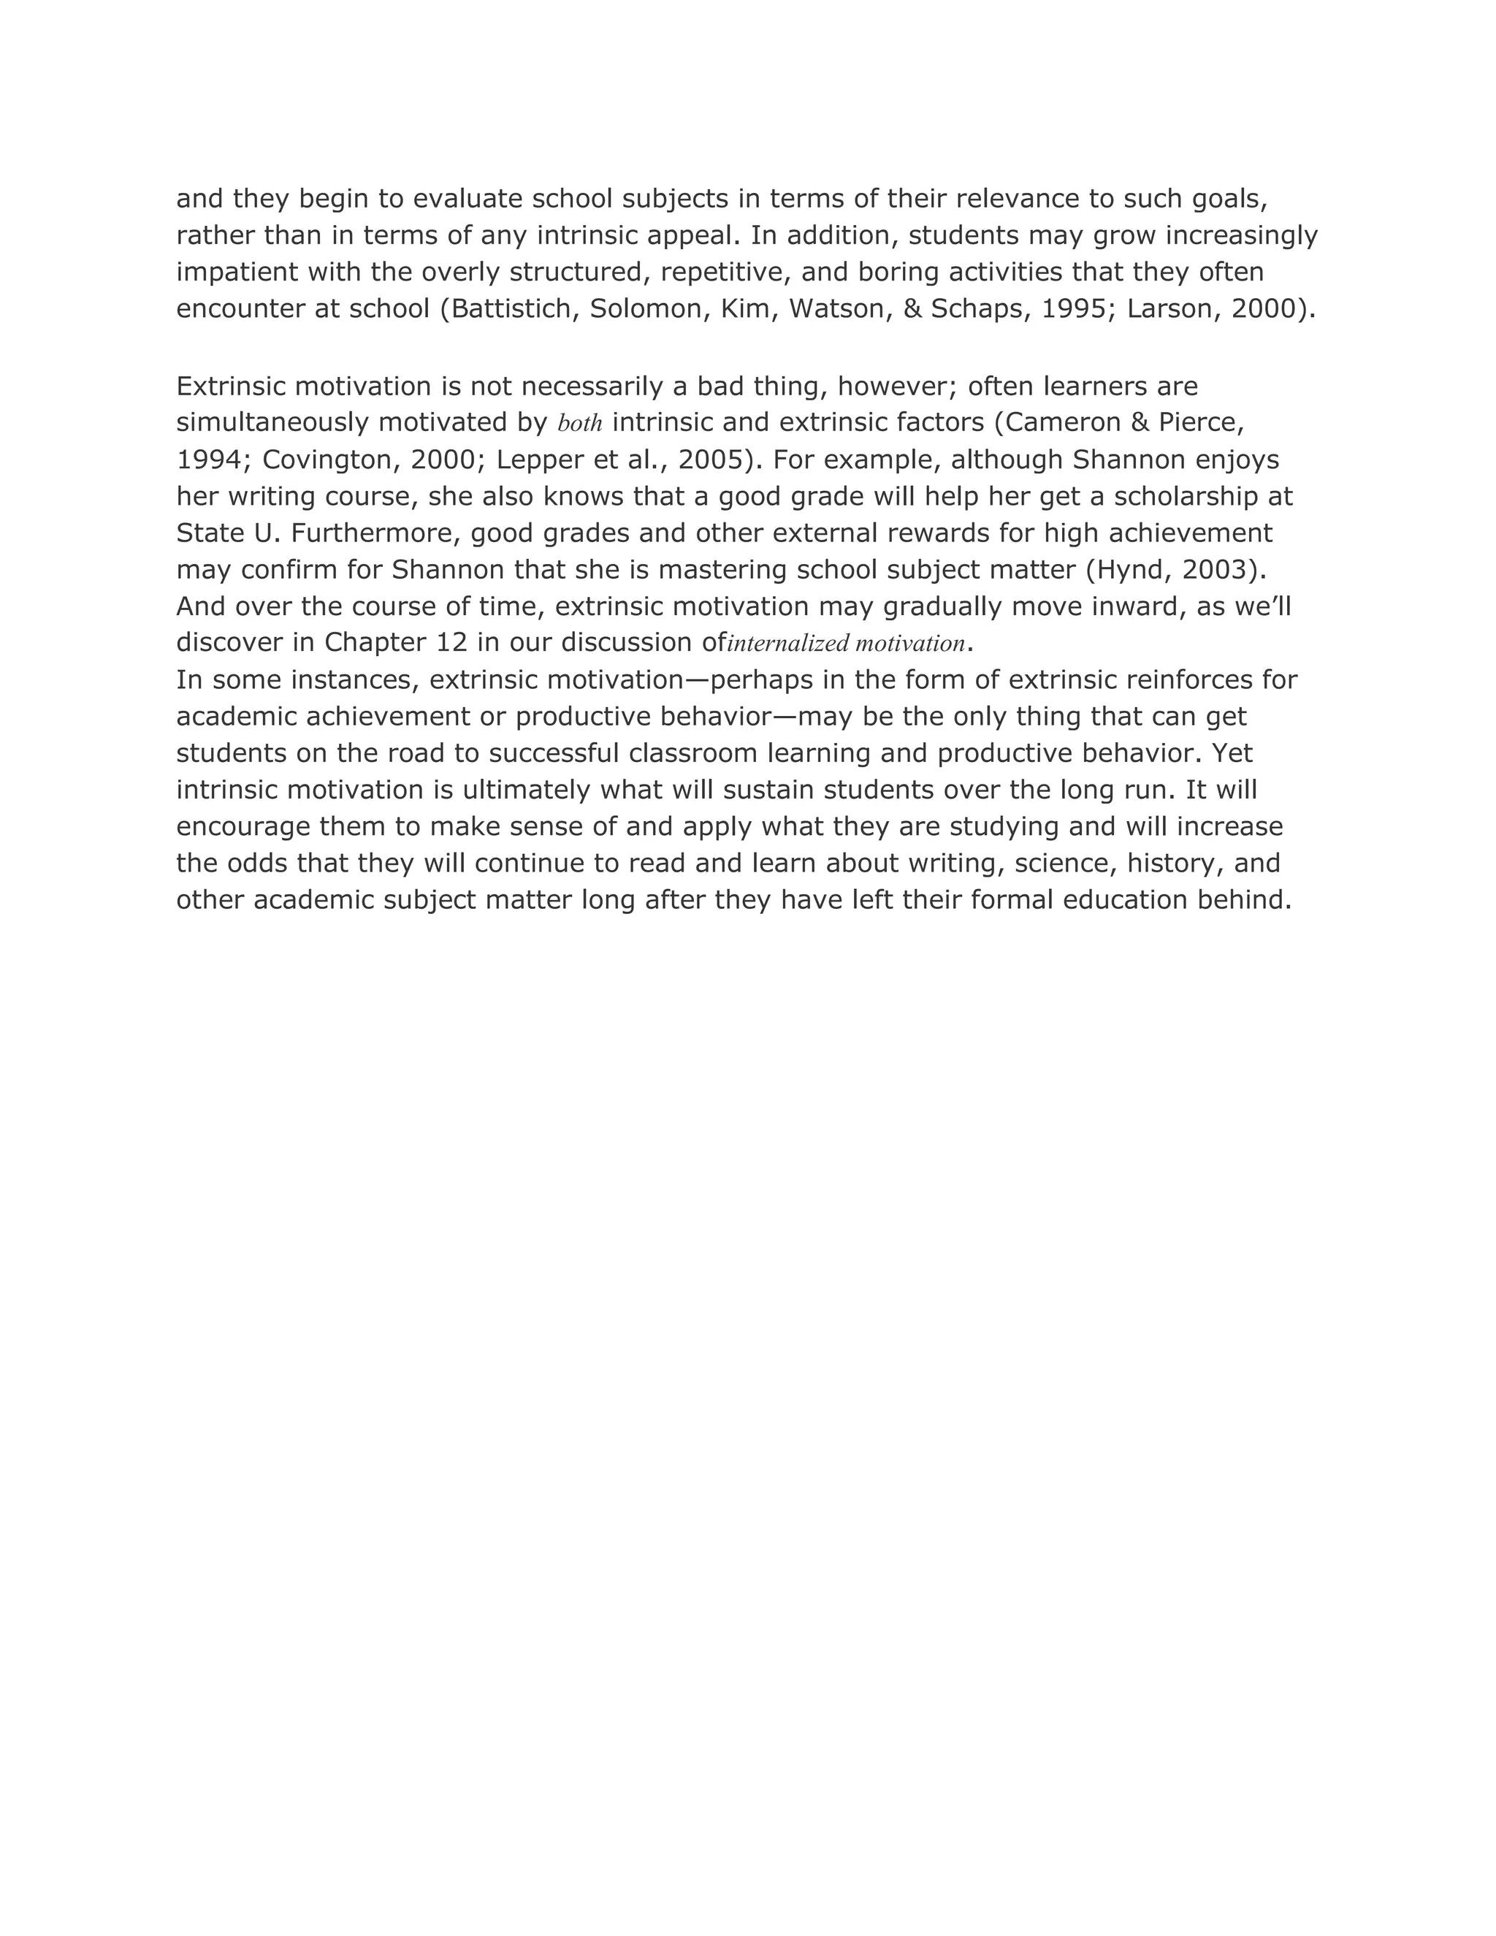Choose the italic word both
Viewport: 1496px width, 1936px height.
pos(579,424)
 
